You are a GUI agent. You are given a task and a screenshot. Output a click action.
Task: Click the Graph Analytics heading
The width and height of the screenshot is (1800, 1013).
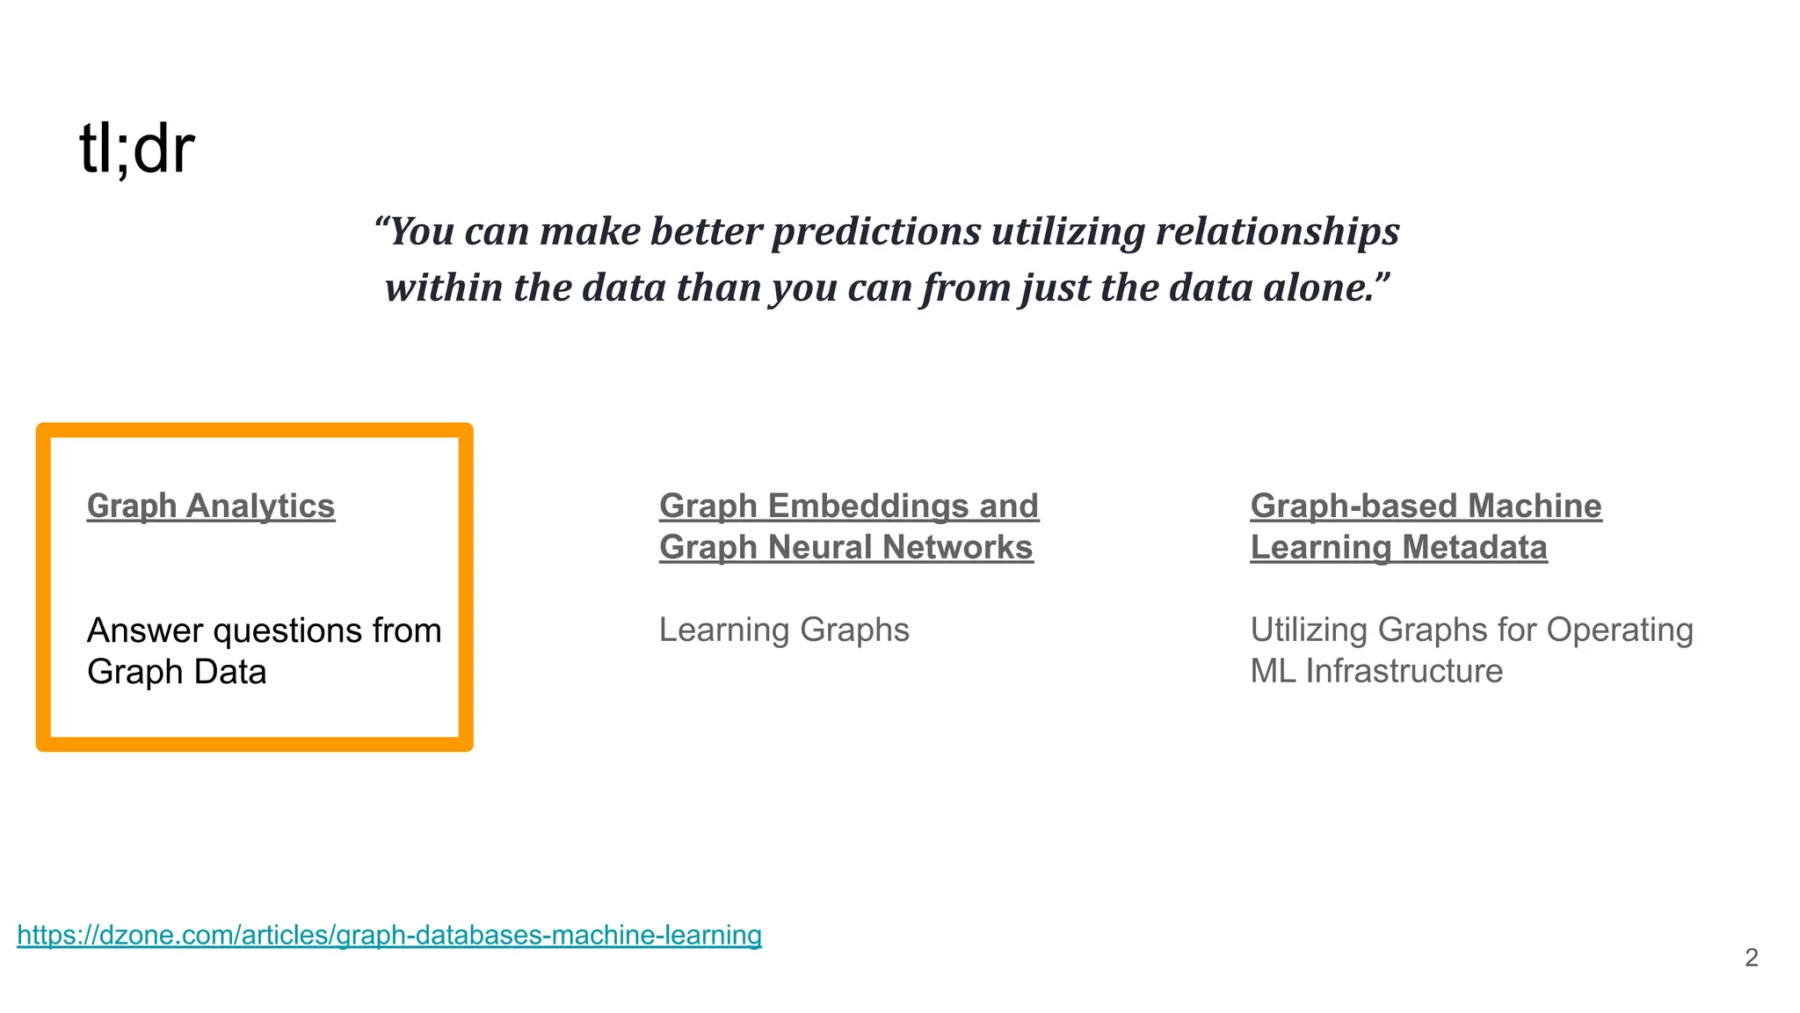point(211,506)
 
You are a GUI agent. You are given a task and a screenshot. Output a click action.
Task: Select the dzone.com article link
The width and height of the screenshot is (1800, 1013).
point(389,934)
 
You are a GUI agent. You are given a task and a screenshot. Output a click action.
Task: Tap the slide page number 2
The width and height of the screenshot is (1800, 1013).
point(1751,958)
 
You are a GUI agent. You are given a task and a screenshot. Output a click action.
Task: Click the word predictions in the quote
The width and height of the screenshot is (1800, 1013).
point(876,231)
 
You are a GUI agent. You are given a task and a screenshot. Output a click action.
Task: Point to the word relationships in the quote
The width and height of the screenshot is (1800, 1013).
point(1277,231)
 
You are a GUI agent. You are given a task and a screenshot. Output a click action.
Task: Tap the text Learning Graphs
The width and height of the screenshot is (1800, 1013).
point(784,630)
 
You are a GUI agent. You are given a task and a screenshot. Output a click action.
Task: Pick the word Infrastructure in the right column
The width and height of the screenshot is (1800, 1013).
point(1404,671)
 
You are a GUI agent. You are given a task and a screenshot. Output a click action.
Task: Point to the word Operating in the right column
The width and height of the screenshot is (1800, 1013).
point(1620,630)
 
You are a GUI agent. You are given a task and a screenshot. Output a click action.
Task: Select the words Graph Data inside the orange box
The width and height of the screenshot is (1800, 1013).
point(177,672)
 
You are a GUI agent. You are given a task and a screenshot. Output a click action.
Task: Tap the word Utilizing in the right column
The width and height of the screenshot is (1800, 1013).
point(1309,630)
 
